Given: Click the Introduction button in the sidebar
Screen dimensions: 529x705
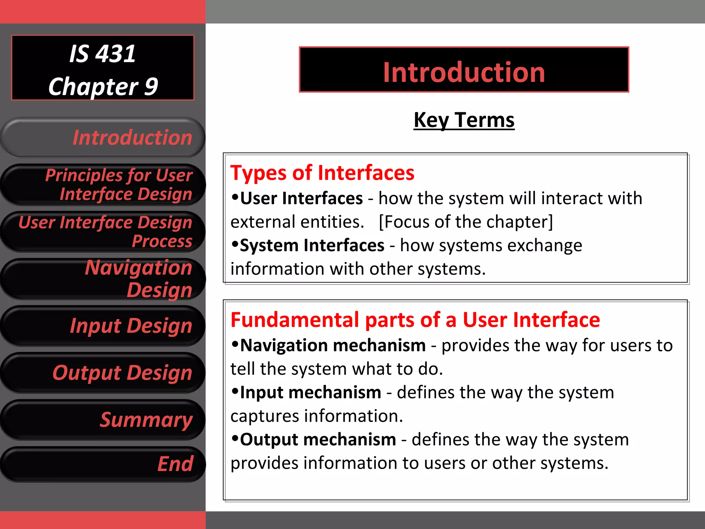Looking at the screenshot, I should [103, 138].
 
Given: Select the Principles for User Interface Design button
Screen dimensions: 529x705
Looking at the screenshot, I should [103, 185].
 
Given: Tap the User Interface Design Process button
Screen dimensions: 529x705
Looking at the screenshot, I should [103, 231].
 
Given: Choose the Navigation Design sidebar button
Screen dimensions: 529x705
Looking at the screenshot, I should [103, 279].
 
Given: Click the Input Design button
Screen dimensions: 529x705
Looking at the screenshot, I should [103, 326].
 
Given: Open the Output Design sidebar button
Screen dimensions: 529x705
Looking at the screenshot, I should [103, 373].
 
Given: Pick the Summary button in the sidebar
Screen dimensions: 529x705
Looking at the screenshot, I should [103, 420].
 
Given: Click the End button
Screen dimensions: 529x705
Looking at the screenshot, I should [103, 464].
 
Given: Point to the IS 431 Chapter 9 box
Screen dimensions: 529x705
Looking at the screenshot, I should [103, 68].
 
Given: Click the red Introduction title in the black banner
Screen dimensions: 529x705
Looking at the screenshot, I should [464, 72].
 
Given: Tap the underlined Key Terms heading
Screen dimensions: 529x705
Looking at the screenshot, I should [464, 120].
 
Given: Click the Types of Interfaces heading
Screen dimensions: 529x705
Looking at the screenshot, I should [322, 173].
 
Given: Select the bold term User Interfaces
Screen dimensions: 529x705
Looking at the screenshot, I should [301, 199].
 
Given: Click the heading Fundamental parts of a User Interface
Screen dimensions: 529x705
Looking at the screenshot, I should [415, 320].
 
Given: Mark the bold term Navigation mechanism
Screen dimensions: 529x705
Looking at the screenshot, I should [333, 345].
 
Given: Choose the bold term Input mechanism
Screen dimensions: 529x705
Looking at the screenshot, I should [311, 393].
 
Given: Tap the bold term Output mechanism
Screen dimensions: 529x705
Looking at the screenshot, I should [318, 440].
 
